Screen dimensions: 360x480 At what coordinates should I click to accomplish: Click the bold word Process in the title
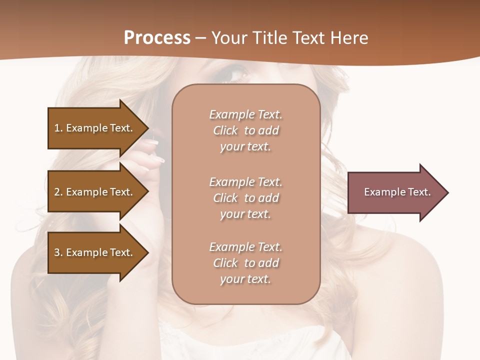157,38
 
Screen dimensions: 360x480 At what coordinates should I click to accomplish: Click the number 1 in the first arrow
57,128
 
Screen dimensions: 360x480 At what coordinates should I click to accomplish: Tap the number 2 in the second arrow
57,192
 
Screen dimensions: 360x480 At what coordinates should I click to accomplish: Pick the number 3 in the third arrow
57,252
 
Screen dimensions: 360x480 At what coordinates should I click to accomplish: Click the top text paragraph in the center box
245,130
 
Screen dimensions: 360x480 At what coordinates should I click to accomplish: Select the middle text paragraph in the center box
245,198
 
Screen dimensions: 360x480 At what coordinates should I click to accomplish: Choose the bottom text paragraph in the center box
245,263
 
